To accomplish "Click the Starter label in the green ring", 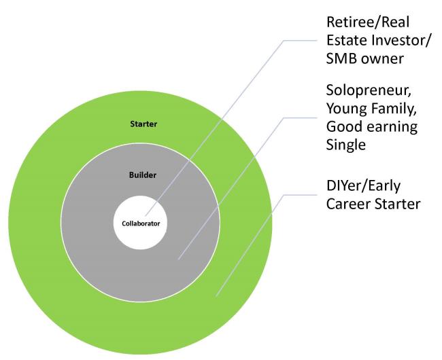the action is (x=143, y=124).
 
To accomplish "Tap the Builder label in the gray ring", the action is (x=143, y=175).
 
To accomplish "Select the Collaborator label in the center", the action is (x=141, y=223).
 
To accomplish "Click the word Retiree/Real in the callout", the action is (x=368, y=22).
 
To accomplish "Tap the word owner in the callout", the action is (x=383, y=59).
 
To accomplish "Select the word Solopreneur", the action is (x=369, y=91).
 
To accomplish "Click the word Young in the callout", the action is (x=346, y=109).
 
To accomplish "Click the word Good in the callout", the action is (x=343, y=127).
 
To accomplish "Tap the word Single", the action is (x=346, y=145).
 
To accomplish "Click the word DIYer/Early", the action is (x=363, y=186).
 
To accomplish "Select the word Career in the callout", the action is (x=348, y=204).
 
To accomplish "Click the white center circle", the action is (x=140, y=222).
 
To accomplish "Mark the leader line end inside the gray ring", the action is (x=179, y=259).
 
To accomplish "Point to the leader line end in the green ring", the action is (x=216, y=296).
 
